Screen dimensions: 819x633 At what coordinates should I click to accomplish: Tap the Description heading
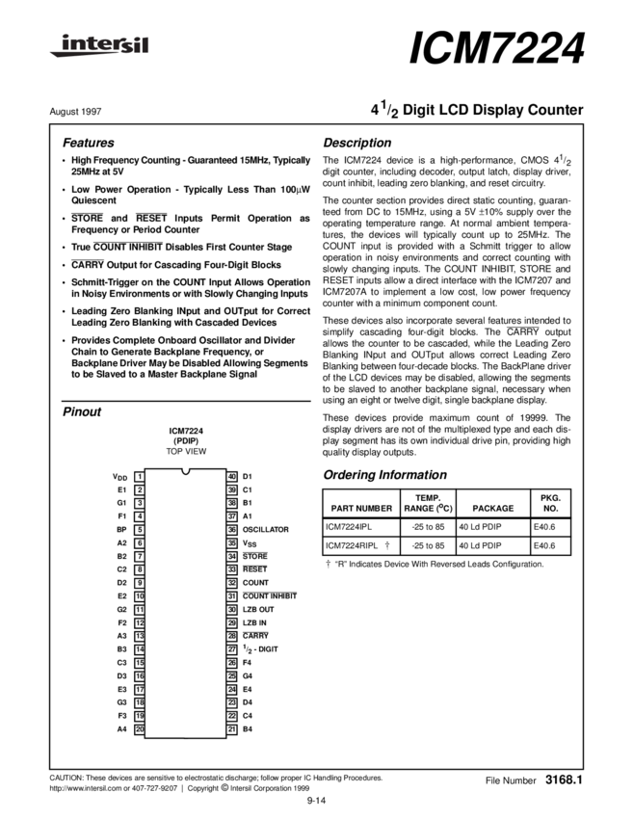click(357, 143)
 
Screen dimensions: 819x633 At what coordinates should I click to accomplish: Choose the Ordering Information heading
click(384, 475)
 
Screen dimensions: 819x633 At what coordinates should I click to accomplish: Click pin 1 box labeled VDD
click(140, 476)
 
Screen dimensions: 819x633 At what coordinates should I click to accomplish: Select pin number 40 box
click(232, 476)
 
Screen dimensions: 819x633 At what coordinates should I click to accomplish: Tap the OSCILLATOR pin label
click(266, 529)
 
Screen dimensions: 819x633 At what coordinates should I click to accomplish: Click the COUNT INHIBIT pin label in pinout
click(270, 596)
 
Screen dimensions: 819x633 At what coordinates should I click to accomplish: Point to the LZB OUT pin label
click(258, 610)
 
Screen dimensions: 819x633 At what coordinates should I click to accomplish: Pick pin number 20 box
click(140, 729)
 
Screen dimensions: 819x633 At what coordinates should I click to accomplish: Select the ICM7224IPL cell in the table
click(348, 527)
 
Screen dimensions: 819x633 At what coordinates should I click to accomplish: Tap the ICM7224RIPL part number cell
click(352, 545)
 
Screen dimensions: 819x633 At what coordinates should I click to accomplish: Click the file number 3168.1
click(565, 777)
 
